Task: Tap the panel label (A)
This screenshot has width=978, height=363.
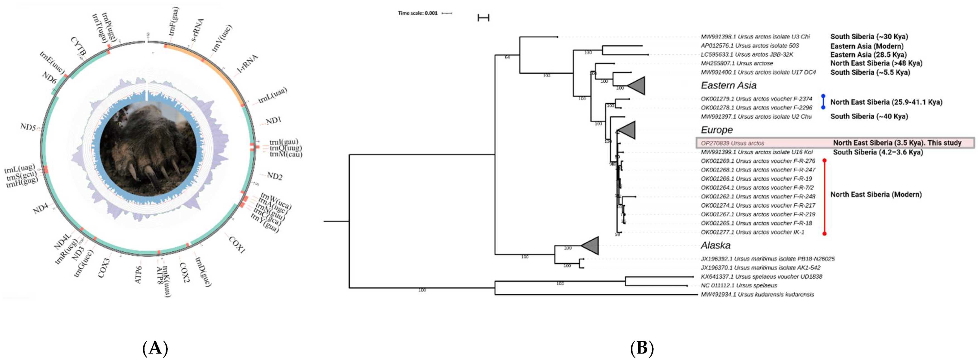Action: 155,347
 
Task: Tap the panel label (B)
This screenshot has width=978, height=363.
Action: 642,347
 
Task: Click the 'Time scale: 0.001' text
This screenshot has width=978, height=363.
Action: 418,13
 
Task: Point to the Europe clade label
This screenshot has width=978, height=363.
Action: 716,130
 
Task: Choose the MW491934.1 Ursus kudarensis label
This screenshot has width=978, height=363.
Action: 757,294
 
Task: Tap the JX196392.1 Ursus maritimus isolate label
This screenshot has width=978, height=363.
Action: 767,259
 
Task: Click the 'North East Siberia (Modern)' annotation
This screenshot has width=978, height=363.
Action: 876,194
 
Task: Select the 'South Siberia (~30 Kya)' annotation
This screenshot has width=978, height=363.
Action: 869,37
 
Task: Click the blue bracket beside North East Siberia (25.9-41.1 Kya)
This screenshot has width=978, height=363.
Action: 823,102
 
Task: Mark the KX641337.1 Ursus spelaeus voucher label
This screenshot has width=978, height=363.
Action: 761,277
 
